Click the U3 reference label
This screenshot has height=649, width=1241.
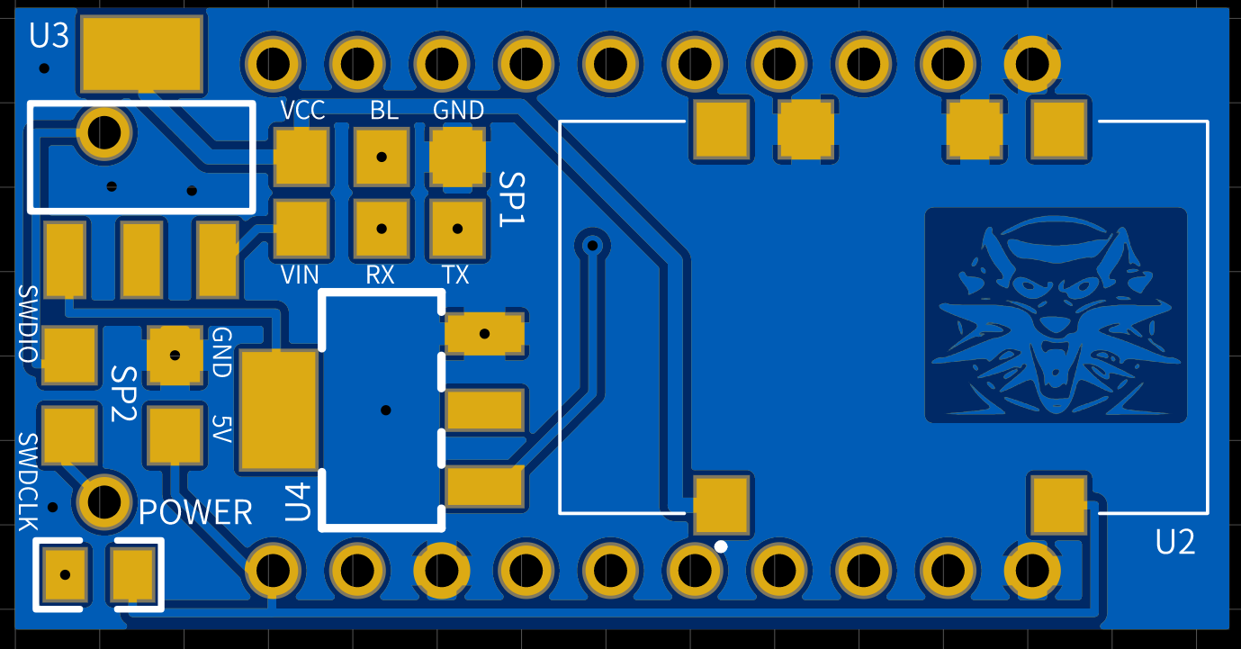(49, 36)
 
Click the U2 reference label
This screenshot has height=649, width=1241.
(1175, 542)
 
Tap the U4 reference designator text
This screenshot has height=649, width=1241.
(298, 502)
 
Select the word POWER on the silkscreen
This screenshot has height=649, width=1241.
(195, 512)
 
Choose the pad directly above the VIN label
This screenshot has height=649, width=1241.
(301, 229)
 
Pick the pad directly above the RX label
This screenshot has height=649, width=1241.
(382, 229)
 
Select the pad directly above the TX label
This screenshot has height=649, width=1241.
(457, 229)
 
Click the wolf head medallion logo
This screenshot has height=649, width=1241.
(1056, 315)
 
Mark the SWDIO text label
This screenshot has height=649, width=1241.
(28, 324)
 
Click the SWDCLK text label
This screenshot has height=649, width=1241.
(28, 482)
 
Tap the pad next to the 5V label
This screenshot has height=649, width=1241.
(175, 435)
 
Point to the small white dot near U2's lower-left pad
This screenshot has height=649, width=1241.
(721, 545)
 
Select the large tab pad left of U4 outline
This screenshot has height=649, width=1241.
(279, 410)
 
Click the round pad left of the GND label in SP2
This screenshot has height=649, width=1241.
(175, 355)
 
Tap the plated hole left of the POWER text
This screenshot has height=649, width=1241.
(104, 500)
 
